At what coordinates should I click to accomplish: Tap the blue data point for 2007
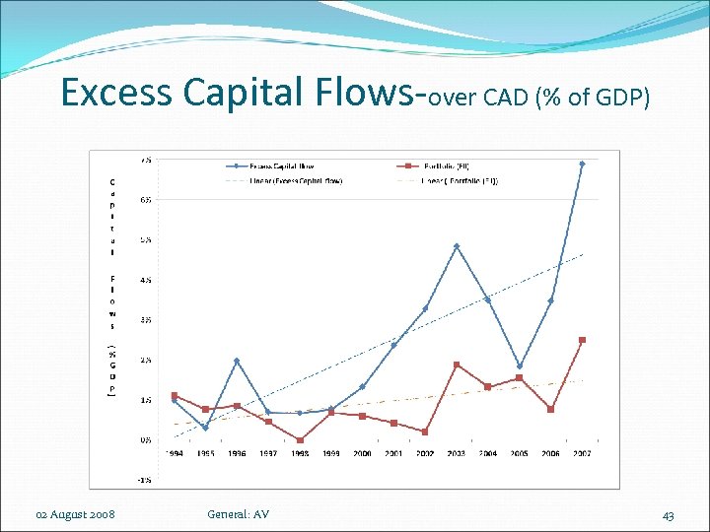[x=582, y=164]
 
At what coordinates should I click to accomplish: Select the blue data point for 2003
[x=457, y=246]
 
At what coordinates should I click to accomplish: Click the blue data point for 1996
[x=237, y=361]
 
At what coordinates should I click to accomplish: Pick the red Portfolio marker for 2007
[x=582, y=340]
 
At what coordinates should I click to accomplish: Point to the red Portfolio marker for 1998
[x=300, y=440]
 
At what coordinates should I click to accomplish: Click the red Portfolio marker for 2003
[x=457, y=365]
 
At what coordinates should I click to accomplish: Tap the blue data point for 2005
[x=520, y=366]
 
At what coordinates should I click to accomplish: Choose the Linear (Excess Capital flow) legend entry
[x=293, y=181]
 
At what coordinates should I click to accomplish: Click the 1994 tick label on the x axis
[x=175, y=454]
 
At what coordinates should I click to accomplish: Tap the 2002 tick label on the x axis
[x=425, y=454]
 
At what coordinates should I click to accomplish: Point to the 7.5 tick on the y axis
[x=145, y=160]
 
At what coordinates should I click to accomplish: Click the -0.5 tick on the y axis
[x=144, y=480]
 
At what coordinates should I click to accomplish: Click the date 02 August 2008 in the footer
[x=75, y=514]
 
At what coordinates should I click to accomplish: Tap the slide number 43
[x=668, y=515]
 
